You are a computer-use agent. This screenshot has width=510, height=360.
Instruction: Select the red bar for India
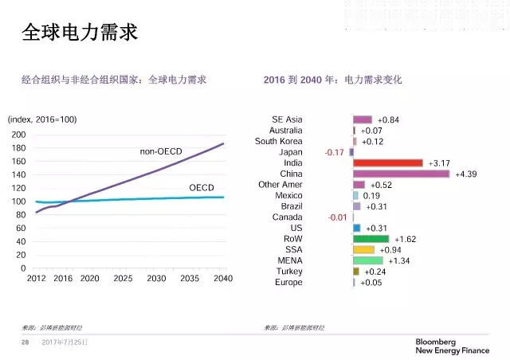387,163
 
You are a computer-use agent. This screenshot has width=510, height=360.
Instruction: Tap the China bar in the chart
401,174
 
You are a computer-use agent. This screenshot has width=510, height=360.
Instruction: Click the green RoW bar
371,239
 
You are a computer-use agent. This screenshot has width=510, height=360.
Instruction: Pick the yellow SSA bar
363,249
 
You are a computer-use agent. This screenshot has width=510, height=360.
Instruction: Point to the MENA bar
367,260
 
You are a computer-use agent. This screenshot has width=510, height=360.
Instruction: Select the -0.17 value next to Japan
335,152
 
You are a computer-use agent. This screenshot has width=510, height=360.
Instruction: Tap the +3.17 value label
439,163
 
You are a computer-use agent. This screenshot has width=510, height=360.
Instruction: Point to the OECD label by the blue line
201,187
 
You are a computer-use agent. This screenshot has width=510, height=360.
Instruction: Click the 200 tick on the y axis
18,135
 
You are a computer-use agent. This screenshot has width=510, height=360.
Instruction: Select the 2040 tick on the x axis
223,278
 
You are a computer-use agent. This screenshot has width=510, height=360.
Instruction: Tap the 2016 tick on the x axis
63,278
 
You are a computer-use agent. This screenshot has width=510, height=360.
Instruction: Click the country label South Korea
278,141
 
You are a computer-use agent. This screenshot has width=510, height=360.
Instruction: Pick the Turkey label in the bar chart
288,272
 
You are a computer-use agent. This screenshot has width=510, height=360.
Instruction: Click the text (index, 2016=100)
42,119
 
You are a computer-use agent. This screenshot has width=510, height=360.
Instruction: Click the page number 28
25,342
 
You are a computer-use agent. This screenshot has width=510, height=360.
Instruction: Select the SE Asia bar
363,119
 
